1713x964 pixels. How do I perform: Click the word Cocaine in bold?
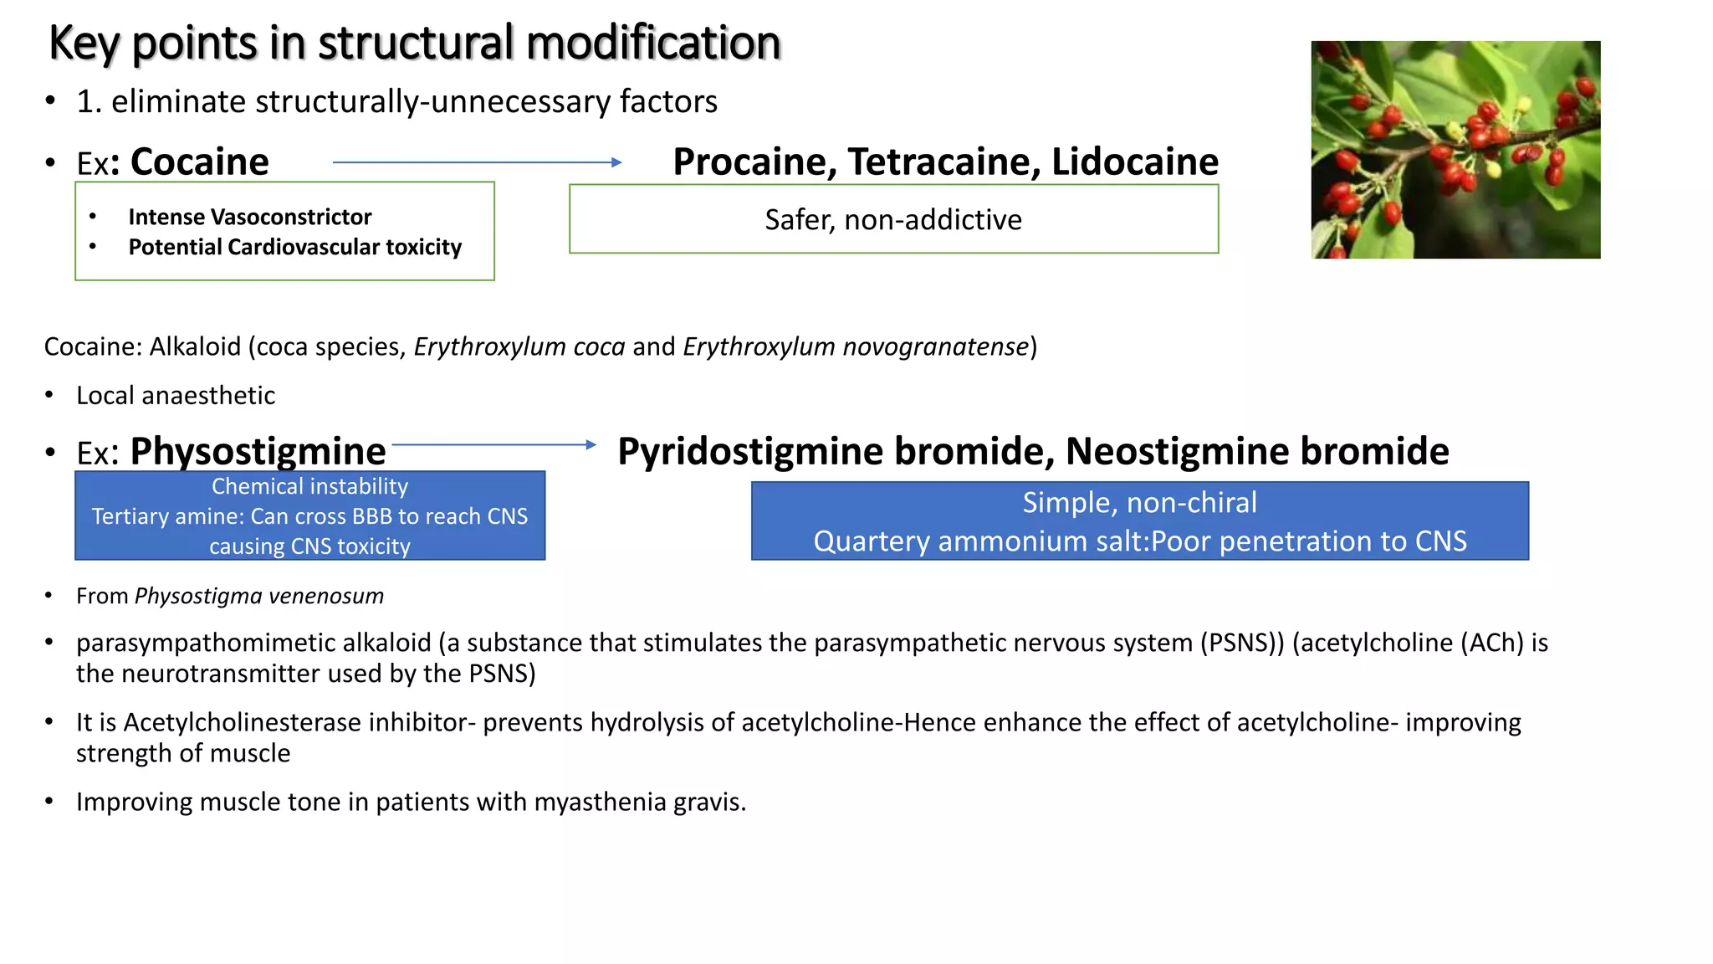199,162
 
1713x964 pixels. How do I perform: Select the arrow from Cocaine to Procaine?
477,162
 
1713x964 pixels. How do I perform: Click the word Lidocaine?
1135,162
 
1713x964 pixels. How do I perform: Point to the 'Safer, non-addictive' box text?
893,219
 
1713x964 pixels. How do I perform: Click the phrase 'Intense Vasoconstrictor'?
249,217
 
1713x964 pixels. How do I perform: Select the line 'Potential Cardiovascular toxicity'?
294,247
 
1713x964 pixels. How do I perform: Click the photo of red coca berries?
1455,149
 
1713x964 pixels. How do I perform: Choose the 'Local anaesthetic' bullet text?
176,395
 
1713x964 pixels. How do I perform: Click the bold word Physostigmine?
258,451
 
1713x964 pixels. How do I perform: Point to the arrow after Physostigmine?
493,444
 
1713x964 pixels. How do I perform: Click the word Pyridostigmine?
749,451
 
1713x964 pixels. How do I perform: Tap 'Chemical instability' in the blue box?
309,486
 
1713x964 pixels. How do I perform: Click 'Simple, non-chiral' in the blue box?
1139,502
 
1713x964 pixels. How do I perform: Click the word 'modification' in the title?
654,43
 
